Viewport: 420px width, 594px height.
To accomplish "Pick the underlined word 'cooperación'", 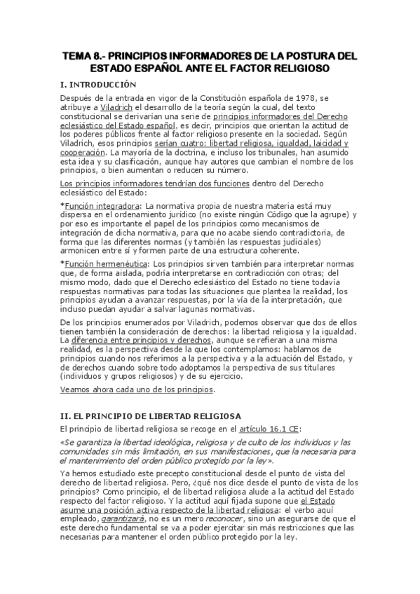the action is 81,151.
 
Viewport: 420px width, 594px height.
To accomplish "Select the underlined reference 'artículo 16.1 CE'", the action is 259,428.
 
